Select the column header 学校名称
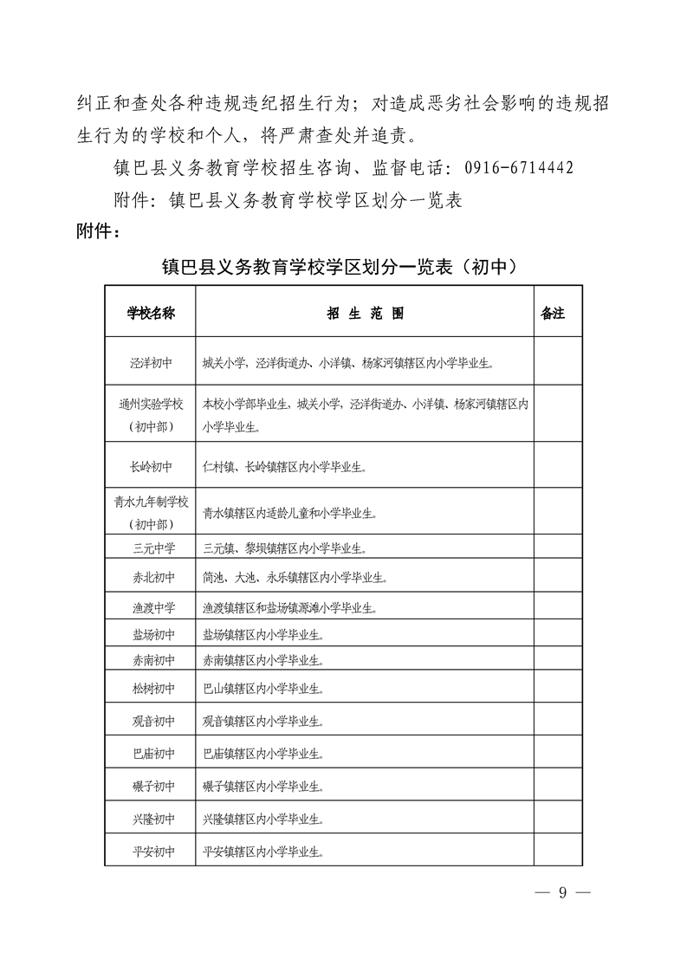(151, 314)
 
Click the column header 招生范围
(365, 314)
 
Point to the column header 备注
(552, 314)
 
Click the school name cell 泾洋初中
(151, 365)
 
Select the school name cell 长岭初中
(151, 467)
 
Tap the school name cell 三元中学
(151, 548)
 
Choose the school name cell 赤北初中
(151, 577)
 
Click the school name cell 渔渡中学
(151, 607)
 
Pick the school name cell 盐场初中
(151, 635)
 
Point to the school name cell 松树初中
(151, 690)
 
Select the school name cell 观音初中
(151, 721)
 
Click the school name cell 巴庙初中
(151, 754)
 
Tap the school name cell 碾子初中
(151, 787)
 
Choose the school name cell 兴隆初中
(151, 819)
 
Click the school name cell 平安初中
(151, 852)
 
